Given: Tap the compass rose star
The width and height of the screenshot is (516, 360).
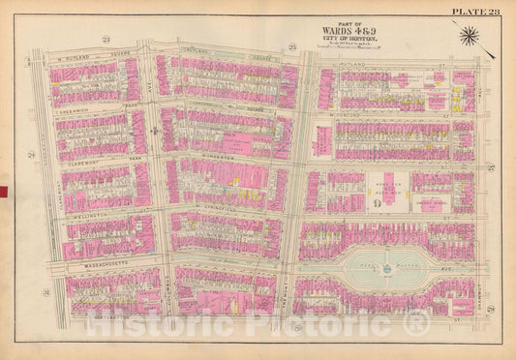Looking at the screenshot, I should [x=469, y=37].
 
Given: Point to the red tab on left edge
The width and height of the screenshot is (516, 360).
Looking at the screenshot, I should [x=4, y=191].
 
